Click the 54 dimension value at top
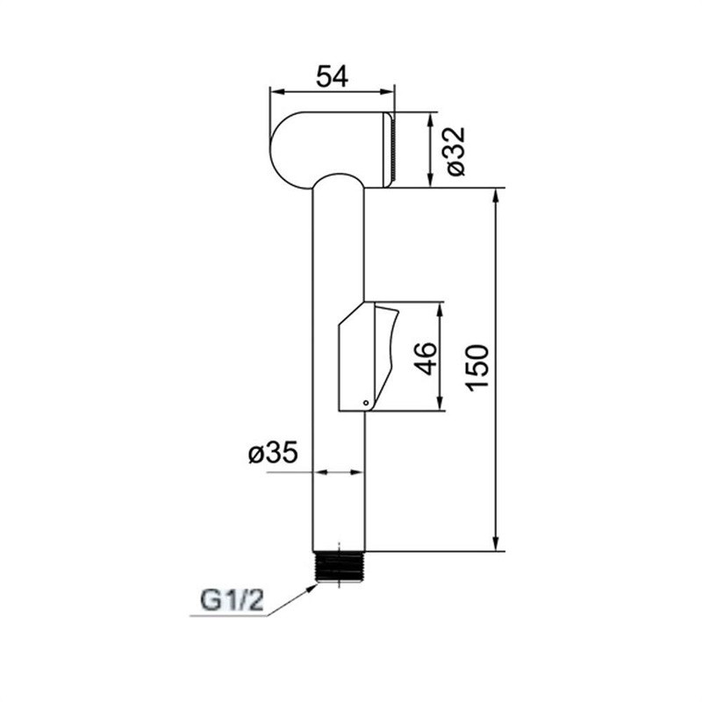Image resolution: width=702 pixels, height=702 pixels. (x=332, y=76)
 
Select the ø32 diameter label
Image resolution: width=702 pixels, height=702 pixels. (x=455, y=151)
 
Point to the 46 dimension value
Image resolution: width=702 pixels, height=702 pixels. (x=426, y=358)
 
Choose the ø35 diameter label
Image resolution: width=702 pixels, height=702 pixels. (x=273, y=452)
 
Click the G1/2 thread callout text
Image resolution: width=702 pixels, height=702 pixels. (x=232, y=601)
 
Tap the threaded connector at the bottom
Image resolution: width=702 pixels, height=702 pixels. (x=340, y=567)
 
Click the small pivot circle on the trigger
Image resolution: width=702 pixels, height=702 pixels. (x=366, y=403)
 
